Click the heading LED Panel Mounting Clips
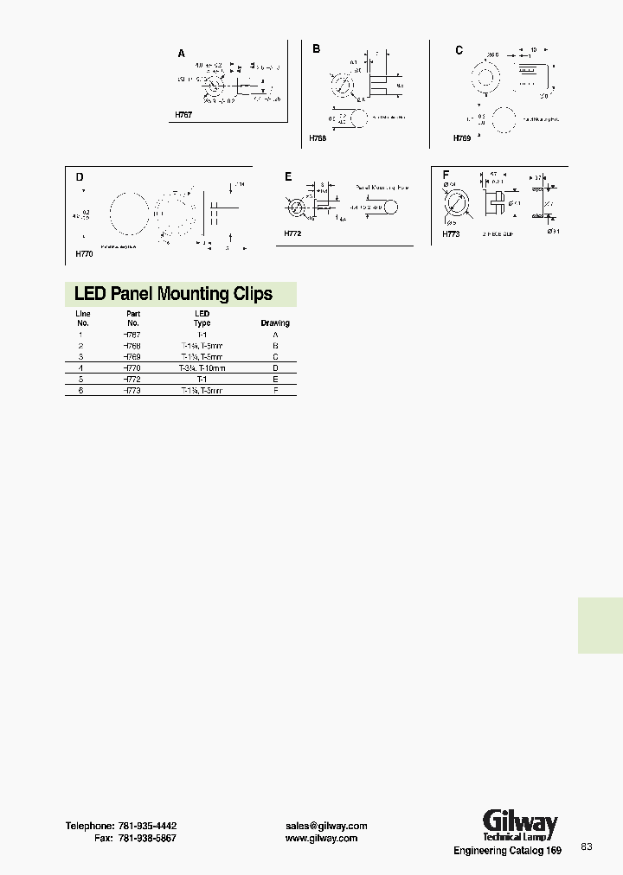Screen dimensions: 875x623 [173, 294]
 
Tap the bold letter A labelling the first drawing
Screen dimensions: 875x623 [182, 54]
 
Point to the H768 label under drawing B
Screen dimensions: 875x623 [318, 137]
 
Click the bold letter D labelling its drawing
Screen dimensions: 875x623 [80, 177]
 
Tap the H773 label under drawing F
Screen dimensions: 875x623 [452, 233]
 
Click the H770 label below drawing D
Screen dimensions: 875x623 [84, 254]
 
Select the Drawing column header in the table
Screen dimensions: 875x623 [275, 323]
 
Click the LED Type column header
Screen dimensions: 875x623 [202, 318]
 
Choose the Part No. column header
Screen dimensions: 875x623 [133, 318]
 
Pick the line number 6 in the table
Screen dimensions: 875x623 [80, 391]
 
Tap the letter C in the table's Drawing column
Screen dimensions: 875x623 [275, 356]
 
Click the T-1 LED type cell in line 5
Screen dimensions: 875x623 [202, 380]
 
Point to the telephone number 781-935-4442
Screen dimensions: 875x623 [147, 826]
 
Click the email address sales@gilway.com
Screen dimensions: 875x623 [326, 826]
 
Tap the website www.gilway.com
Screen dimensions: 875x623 [321, 839]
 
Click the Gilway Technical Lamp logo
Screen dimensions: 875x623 [519, 826]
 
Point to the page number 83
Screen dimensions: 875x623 [587, 846]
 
